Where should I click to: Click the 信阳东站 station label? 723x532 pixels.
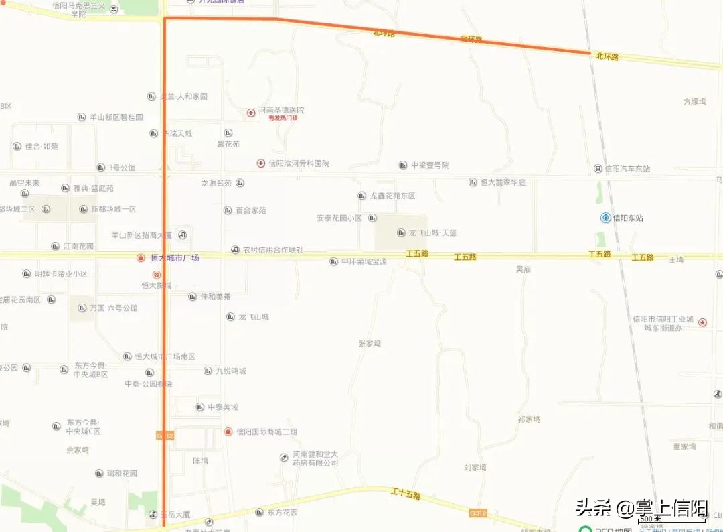point(629,218)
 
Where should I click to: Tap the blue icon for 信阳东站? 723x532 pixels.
point(605,218)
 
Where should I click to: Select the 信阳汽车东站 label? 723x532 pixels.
point(627,169)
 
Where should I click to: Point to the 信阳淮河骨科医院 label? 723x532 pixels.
point(299,163)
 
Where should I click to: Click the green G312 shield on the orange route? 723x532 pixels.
point(165,436)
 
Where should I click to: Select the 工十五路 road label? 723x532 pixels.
point(406,495)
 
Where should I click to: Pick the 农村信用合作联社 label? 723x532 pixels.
point(273,250)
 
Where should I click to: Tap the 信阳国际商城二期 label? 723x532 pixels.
point(266,431)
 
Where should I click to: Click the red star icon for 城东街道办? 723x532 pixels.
point(702,322)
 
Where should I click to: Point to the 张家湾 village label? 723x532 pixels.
point(370,344)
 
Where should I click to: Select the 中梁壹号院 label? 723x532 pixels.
point(430,165)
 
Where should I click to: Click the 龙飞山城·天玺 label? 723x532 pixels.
point(432,233)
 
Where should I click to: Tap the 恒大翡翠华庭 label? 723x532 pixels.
point(503,182)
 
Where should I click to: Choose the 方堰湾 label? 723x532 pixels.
point(694,102)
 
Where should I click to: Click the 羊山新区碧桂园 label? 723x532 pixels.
point(116,117)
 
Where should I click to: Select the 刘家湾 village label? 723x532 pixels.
point(475,468)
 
